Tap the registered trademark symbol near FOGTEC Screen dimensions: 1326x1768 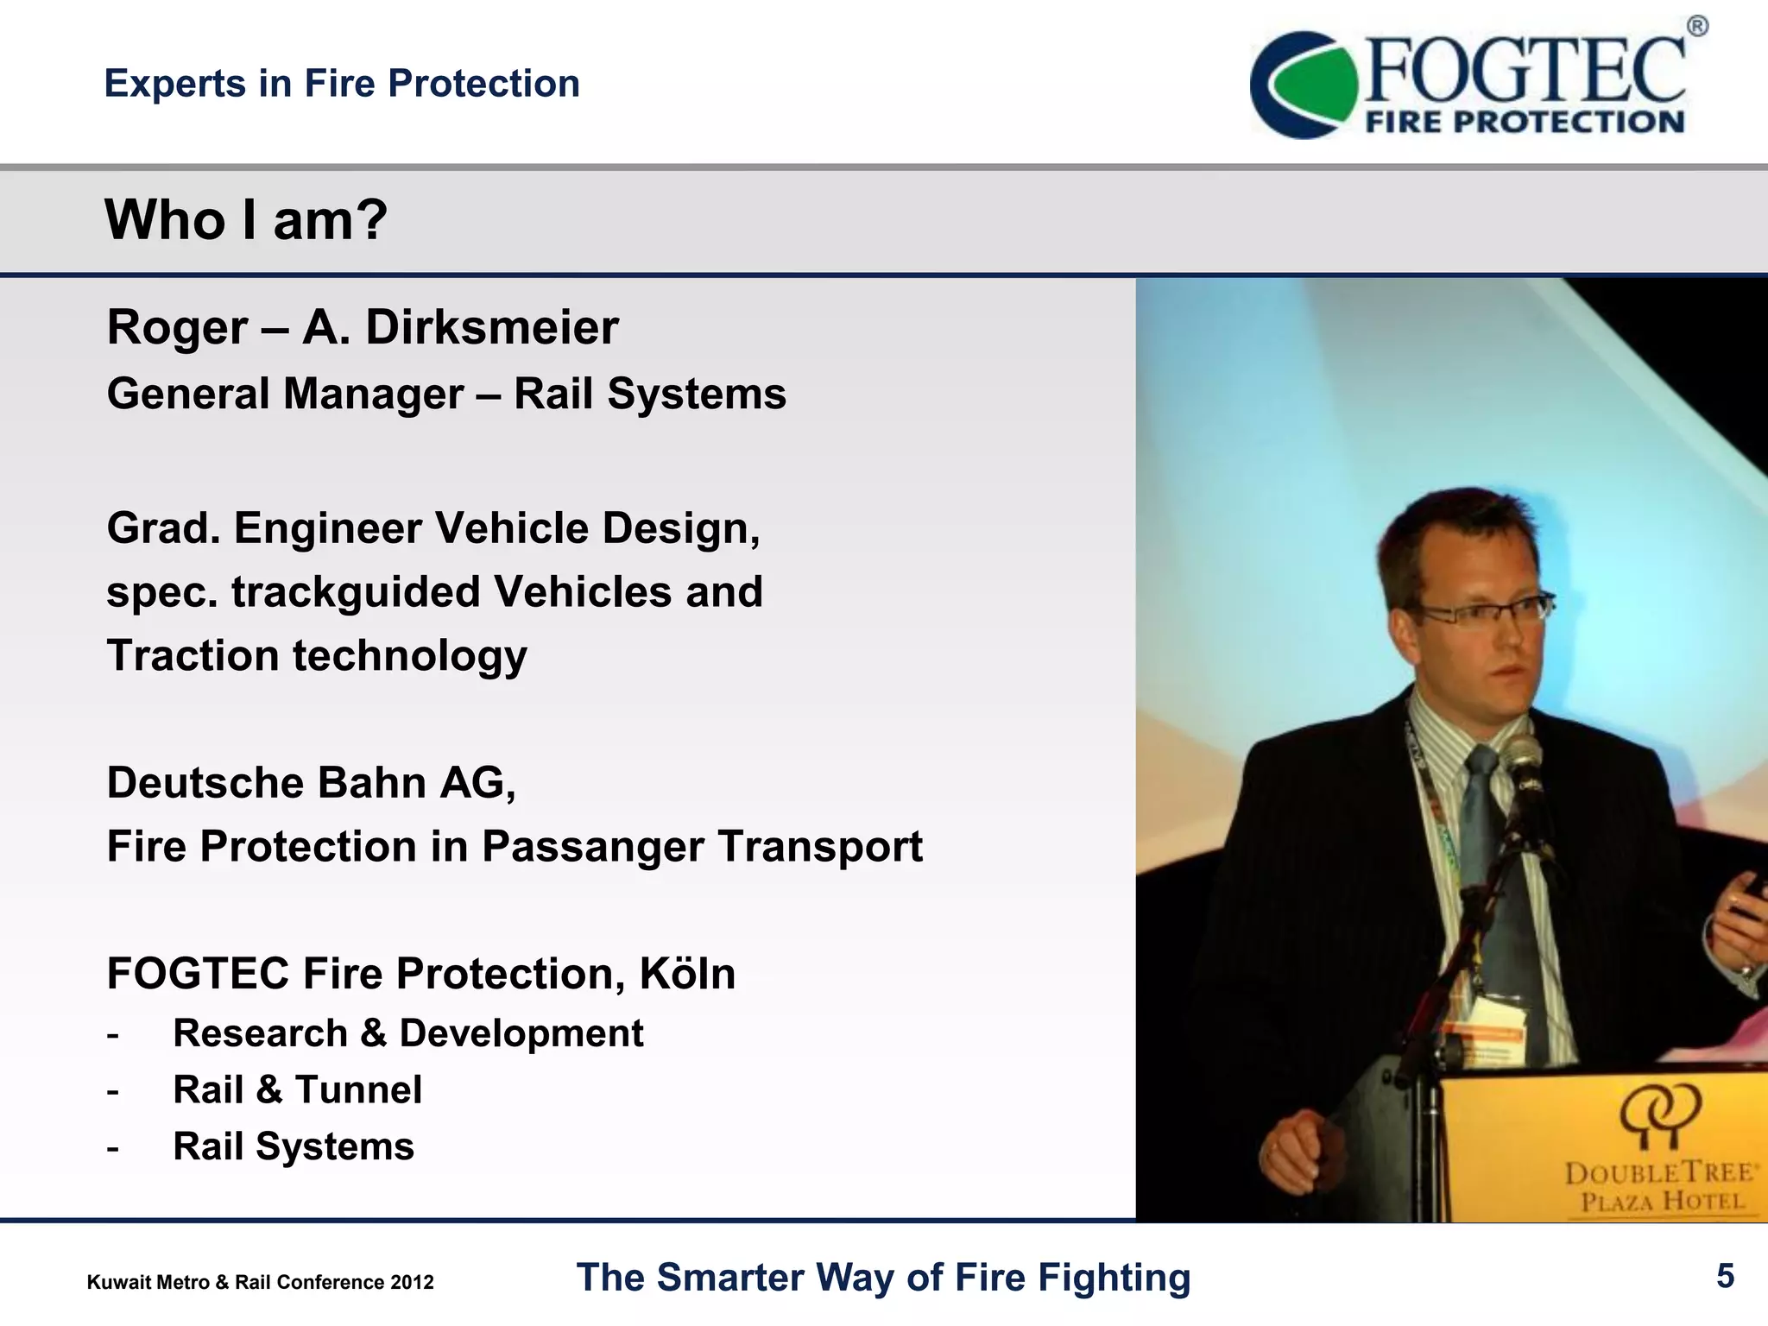(1696, 27)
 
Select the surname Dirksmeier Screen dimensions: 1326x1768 (492, 328)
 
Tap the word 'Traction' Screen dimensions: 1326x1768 (193, 656)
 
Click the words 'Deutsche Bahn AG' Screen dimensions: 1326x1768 (311, 783)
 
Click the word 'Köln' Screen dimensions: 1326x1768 (687, 974)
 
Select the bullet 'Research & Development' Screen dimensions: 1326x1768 (407, 1033)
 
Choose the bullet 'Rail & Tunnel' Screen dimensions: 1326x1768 (297, 1089)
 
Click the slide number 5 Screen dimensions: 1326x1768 (1725, 1276)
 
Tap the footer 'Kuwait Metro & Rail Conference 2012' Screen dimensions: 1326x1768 (260, 1282)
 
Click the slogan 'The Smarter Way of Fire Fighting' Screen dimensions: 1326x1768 (883, 1278)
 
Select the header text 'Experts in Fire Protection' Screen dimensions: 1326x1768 (342, 84)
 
